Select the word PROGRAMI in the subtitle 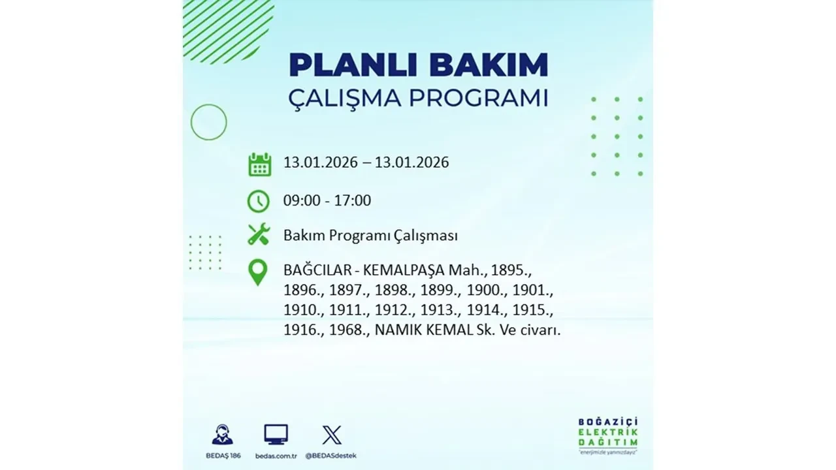[481, 99]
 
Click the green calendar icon [259, 164]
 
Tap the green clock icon [259, 201]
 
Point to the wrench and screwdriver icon [259, 234]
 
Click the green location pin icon [259, 273]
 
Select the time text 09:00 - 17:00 [327, 201]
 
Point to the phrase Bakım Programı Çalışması [370, 236]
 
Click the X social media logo [332, 434]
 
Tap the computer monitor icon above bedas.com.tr [276, 434]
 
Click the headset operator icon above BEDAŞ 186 [222, 434]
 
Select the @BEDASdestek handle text [332, 455]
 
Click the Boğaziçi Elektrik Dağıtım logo [607, 434]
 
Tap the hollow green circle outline [208, 122]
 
